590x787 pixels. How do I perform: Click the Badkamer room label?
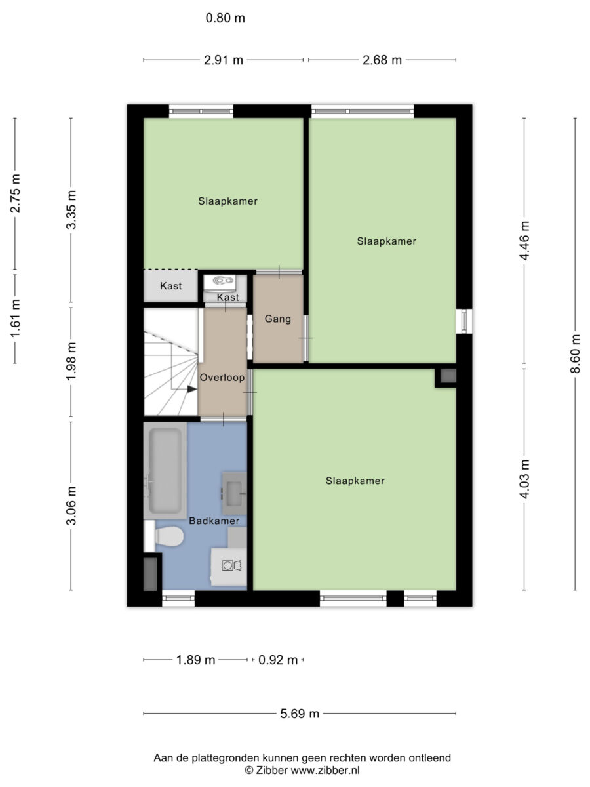(x=214, y=521)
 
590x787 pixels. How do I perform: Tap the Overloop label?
(x=222, y=377)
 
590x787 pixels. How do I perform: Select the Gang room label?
(x=277, y=319)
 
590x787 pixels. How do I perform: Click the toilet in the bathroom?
(x=168, y=536)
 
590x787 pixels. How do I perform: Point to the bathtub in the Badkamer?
(x=165, y=470)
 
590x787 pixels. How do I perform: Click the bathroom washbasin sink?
(x=234, y=493)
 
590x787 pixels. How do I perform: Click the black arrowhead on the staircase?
(x=192, y=389)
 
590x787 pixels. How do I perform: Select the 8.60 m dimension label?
(x=575, y=353)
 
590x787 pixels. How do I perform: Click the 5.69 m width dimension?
(x=300, y=713)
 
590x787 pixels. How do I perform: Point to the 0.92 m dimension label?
(x=278, y=659)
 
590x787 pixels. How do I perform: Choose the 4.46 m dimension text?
(x=524, y=240)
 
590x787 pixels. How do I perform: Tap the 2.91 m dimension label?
(x=224, y=60)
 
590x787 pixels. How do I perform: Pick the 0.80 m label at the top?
(x=226, y=18)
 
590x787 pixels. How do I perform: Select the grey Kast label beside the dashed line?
(x=170, y=286)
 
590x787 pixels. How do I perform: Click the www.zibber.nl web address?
(x=325, y=770)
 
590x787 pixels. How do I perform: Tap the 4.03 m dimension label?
(x=524, y=479)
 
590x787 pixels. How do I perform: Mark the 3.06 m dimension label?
(x=71, y=506)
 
